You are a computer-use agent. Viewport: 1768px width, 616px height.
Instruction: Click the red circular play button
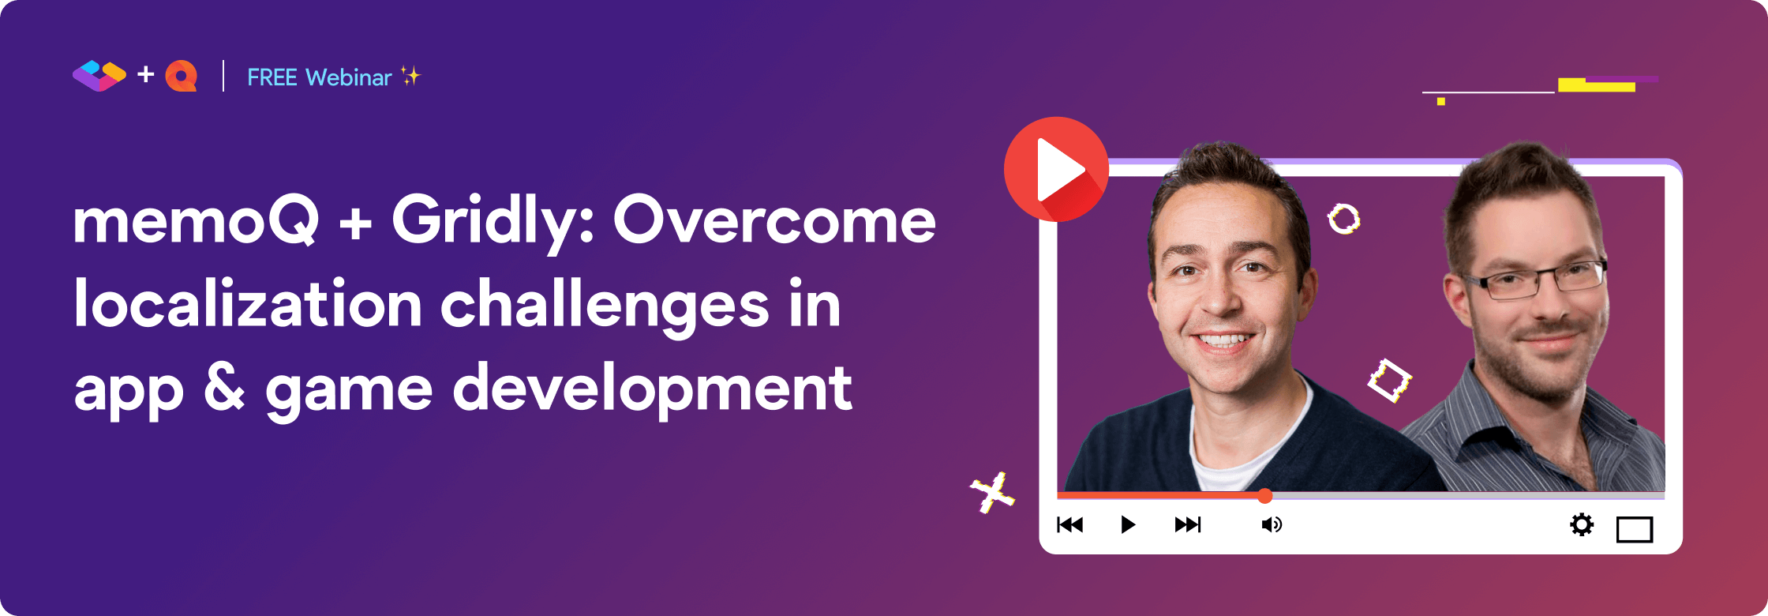point(1056,169)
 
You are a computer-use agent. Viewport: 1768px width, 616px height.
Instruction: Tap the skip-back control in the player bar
point(1070,525)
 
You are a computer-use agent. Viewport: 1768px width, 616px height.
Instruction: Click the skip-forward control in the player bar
point(1187,525)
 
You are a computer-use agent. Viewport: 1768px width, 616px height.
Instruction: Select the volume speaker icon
point(1272,525)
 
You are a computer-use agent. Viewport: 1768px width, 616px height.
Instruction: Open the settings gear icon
point(1582,525)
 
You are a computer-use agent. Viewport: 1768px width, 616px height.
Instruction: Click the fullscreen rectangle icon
point(1634,529)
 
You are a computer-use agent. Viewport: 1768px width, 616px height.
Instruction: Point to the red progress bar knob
point(1264,496)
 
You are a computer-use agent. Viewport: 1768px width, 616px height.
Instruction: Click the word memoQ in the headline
point(197,221)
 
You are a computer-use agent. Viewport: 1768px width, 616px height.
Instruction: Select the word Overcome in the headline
point(774,221)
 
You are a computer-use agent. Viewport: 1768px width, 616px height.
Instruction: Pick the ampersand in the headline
point(225,389)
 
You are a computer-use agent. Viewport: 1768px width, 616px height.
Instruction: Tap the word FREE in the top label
point(272,77)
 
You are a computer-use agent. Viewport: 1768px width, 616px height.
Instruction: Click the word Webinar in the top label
point(348,77)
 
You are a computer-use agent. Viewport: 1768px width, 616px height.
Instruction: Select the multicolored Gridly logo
point(99,76)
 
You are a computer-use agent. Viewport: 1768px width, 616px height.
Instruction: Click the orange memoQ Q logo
point(182,77)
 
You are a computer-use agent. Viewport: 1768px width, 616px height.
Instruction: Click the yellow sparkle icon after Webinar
point(410,76)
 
